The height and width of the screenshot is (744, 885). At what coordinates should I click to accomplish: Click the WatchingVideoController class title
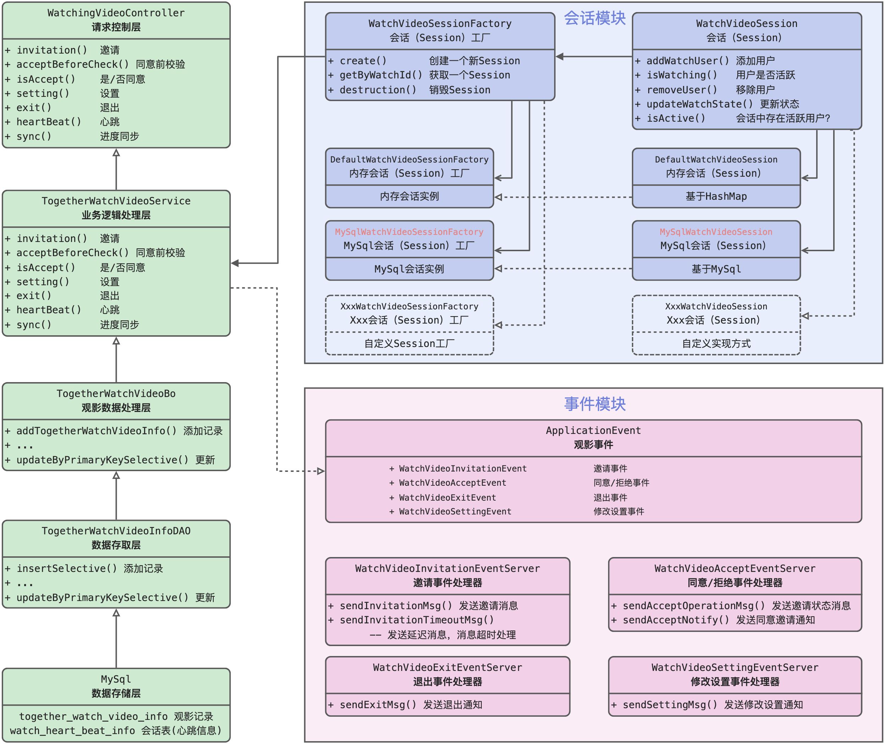click(x=116, y=13)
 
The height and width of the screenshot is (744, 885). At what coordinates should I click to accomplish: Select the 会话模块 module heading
click(x=594, y=18)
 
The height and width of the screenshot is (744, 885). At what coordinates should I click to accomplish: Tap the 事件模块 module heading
click(x=594, y=404)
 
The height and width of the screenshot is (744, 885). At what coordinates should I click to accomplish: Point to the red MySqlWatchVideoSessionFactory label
click(x=409, y=232)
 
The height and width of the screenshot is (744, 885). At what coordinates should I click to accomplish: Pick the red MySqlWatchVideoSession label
click(x=716, y=232)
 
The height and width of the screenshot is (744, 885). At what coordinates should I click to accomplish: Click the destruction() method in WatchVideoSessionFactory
click(x=378, y=90)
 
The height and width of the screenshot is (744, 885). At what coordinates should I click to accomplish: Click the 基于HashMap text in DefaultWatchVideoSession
click(x=716, y=197)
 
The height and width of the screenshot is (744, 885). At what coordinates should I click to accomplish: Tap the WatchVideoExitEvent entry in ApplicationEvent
click(x=447, y=498)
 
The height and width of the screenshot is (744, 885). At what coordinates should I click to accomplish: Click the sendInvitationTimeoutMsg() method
click(x=416, y=620)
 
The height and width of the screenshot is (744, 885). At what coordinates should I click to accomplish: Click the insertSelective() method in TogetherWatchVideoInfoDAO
click(x=66, y=568)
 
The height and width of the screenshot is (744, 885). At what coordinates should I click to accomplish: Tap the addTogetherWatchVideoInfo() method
click(x=96, y=431)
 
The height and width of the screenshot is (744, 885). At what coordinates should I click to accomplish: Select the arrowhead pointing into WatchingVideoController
click(x=116, y=153)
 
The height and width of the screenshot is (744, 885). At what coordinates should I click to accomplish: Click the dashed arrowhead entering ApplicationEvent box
click(x=321, y=471)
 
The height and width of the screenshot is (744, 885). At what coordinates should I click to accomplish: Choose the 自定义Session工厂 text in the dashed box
click(x=409, y=344)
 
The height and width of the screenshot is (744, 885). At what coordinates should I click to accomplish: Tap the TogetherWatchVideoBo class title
click(x=116, y=394)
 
